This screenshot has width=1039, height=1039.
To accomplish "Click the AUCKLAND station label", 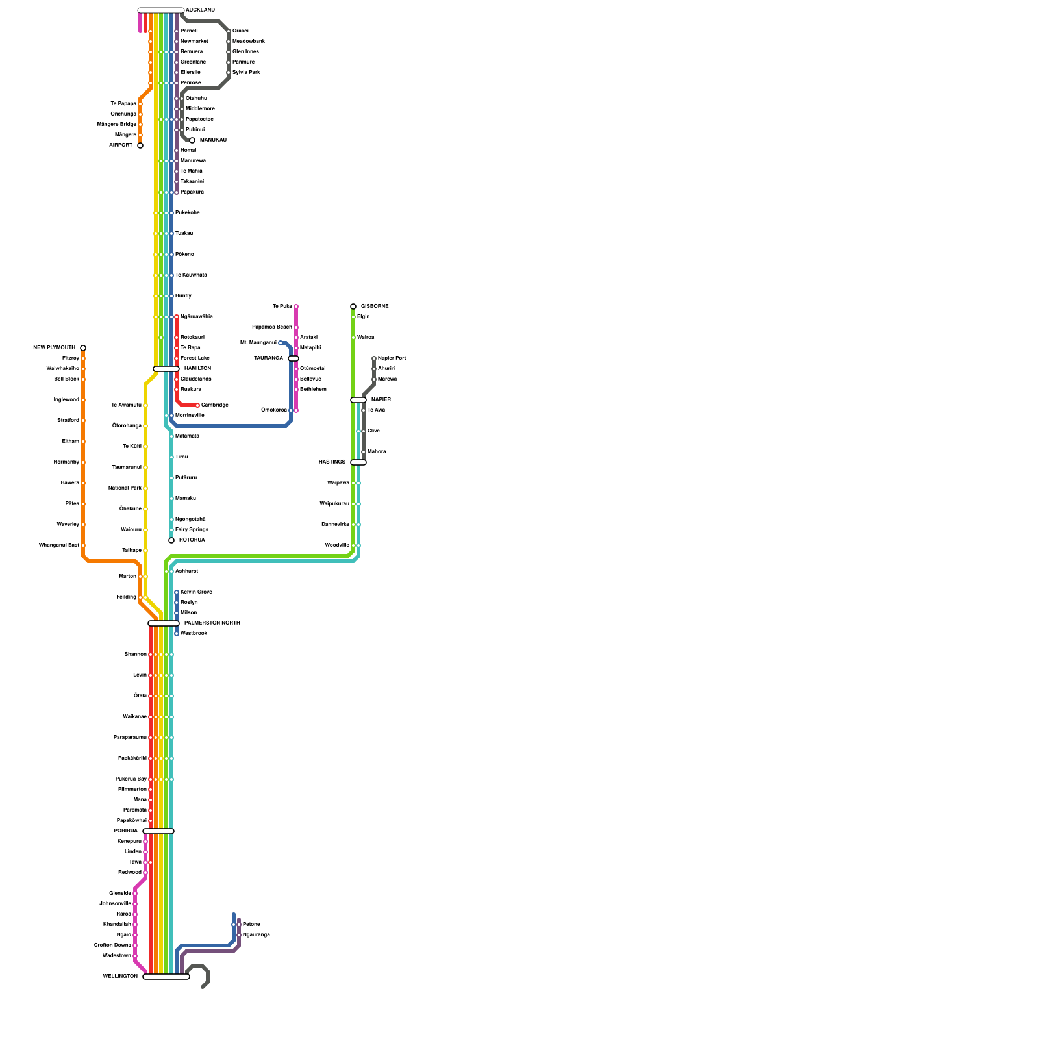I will [200, 10].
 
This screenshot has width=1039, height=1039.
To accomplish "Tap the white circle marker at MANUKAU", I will [192, 140].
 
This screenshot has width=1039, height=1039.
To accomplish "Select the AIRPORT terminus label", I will [121, 145].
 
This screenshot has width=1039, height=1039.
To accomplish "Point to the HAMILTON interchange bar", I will [166, 369].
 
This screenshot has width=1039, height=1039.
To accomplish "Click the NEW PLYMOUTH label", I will [55, 348].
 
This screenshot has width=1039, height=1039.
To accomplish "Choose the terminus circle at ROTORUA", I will [171, 540].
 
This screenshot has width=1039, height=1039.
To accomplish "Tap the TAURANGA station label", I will [268, 358].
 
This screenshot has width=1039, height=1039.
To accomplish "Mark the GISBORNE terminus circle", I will [353, 307].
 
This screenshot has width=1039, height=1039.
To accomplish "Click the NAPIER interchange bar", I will [358, 400].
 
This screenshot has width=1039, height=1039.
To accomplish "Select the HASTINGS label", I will [332, 462].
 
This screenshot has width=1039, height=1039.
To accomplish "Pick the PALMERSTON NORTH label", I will [212, 623].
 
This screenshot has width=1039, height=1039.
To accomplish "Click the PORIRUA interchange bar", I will [158, 831].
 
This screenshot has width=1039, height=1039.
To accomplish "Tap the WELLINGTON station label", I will [120, 977].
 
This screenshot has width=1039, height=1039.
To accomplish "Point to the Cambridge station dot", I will [197, 405].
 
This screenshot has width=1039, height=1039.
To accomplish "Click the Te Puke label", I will [282, 307].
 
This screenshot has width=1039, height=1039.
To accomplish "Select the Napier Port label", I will [392, 358].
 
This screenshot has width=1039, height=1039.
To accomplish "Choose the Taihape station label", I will [132, 551].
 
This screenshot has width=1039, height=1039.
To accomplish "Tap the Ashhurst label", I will [186, 571].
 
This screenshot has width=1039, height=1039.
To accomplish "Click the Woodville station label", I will [337, 545].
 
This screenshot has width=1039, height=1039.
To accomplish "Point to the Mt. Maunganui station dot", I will [281, 343].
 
